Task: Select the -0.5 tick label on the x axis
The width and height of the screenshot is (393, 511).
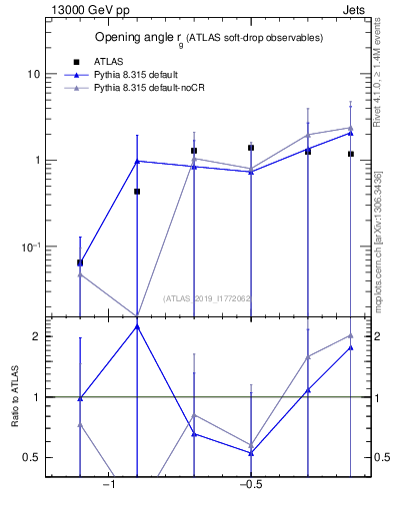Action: click(250, 486)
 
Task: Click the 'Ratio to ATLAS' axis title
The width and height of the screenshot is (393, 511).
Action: click(15, 396)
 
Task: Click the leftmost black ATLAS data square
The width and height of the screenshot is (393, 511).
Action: click(80, 262)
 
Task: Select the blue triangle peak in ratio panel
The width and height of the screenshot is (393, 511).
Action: click(137, 326)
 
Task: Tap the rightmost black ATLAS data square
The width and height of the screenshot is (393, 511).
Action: click(351, 154)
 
